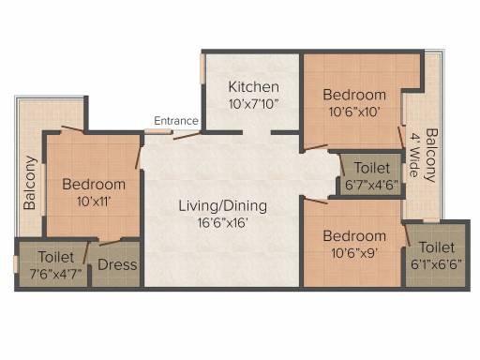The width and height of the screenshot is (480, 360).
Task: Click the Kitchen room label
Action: tap(254, 87)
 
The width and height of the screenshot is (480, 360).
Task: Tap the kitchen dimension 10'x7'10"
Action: tap(253, 104)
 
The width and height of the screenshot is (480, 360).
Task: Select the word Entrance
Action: tap(176, 121)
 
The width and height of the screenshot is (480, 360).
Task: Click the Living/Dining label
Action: tap(223, 206)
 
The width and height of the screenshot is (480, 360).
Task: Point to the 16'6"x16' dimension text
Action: tap(223, 223)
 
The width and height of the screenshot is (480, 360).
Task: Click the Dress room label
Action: tap(117, 264)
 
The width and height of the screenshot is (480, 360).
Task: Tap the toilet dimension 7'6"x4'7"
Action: tap(56, 274)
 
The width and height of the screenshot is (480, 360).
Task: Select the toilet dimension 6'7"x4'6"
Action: tap(372, 185)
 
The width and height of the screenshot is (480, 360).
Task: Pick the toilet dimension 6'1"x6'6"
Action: tap(436, 264)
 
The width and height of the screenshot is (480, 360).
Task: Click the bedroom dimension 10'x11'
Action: tap(94, 202)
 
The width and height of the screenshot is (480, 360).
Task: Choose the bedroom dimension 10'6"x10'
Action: tap(354, 112)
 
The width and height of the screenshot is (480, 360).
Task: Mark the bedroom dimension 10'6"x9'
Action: tap(354, 253)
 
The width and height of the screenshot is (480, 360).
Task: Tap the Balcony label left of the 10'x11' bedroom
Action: tap(30, 183)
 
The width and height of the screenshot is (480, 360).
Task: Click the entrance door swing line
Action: tap(187, 136)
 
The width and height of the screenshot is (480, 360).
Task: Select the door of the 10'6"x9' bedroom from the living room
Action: tap(316, 201)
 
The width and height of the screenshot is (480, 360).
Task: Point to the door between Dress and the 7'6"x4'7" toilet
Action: tap(86, 253)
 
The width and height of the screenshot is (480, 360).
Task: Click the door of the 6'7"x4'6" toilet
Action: tap(342, 164)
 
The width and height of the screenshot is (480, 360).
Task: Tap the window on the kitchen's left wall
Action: tap(202, 69)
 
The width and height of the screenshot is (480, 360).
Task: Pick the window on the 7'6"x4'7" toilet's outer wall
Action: tap(16, 264)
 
